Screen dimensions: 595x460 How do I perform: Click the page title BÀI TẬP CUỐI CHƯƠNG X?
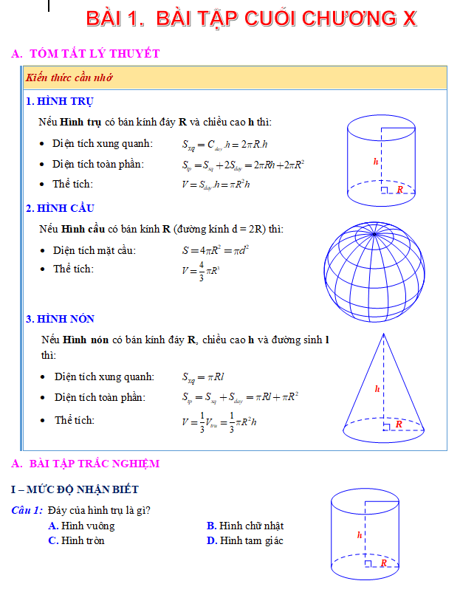click(251, 18)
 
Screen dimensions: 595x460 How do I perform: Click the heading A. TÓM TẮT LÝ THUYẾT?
click(86, 53)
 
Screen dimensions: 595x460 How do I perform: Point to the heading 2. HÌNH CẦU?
click(60, 208)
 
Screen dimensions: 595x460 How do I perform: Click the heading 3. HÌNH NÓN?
click(60, 319)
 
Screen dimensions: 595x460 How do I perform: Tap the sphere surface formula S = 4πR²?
click(216, 250)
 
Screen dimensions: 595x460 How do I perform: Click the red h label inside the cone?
click(377, 388)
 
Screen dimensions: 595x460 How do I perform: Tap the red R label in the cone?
click(399, 424)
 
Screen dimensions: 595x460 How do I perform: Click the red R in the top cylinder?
click(399, 190)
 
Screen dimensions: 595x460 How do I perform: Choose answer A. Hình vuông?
click(81, 526)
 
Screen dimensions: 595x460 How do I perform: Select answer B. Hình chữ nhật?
click(245, 526)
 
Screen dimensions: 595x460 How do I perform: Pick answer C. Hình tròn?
click(76, 540)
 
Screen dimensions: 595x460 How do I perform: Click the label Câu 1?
click(27, 510)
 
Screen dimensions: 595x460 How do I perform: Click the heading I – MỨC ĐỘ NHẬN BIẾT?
click(75, 489)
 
